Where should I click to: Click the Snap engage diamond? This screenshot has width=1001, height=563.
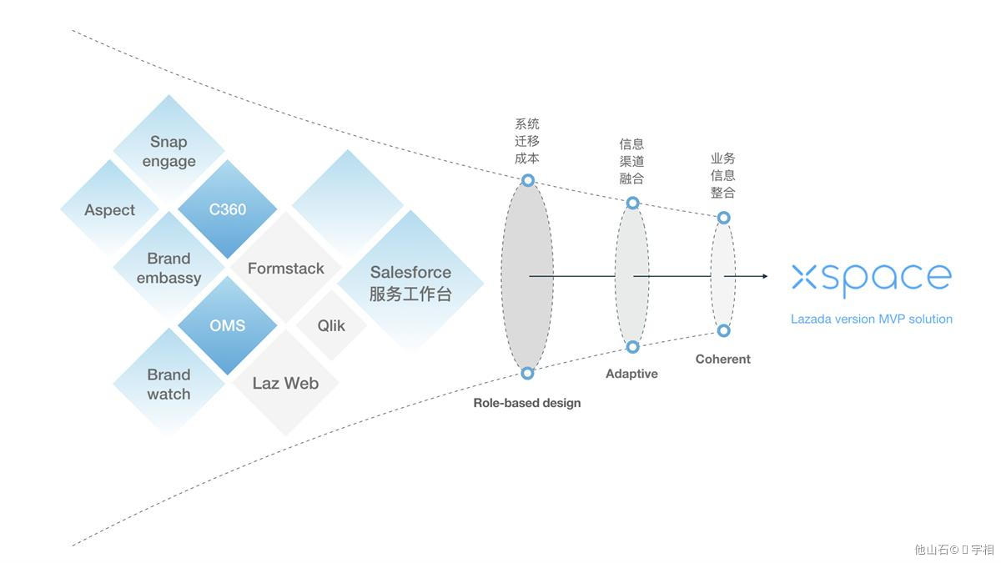coord(169,151)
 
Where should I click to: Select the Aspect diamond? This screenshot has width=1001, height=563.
coord(109,209)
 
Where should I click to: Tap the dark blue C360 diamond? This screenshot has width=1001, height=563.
coord(227,209)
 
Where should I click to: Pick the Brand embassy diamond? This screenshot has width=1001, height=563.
coord(169,268)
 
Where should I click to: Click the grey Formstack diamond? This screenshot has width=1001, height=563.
coord(285,269)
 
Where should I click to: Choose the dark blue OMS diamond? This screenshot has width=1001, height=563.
coord(227,325)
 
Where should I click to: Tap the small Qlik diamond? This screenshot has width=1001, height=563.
coord(331,325)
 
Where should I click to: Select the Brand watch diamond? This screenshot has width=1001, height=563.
coord(169,384)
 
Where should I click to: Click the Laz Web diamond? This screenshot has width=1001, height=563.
coord(285,383)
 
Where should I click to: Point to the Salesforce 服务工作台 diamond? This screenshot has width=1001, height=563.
coord(410,282)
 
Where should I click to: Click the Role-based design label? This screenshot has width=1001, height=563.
coord(526,403)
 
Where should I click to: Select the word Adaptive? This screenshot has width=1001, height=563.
coord(631,374)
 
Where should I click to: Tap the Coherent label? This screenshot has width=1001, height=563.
coord(723,359)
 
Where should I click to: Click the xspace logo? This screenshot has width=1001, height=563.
coord(871,279)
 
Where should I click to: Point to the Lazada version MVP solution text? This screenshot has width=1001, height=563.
coord(871,319)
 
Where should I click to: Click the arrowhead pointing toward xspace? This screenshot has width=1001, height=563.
coord(764,276)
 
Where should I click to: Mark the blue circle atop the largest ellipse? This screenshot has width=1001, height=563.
coord(527,180)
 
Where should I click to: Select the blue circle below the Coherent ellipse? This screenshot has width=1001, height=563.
coord(723,331)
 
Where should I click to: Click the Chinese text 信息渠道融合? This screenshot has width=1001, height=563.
coord(631,161)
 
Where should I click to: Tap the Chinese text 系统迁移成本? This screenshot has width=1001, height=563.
coord(526,141)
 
